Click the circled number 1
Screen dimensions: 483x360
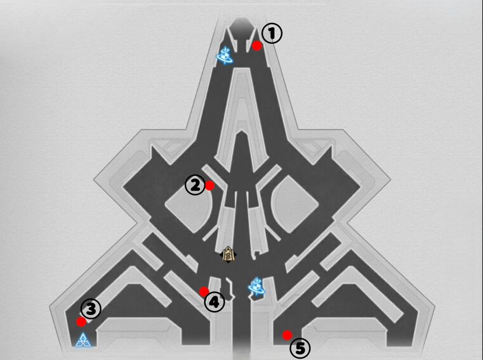(272, 34)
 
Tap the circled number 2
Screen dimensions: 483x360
(195, 185)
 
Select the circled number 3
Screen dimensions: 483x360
(91, 309)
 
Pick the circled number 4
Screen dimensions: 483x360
(215, 302)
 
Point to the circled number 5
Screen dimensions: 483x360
(300, 349)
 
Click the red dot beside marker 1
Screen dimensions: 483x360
(257, 46)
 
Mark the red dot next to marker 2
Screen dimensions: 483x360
(210, 186)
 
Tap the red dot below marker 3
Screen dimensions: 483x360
(82, 322)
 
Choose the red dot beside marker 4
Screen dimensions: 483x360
(204, 291)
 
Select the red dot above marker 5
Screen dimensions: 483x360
(288, 335)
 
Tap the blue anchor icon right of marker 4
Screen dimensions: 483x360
(256, 286)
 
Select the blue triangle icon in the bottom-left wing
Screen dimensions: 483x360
(83, 340)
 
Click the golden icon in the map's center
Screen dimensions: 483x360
(228, 255)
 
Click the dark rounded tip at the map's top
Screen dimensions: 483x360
(241, 25)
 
